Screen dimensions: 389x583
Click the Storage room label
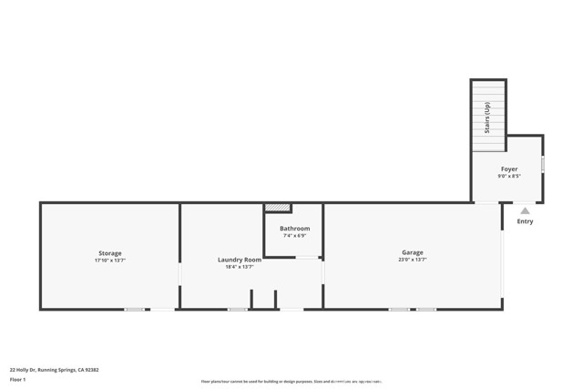pyautogui.click(x=109, y=253)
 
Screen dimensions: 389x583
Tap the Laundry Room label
pyautogui.click(x=239, y=260)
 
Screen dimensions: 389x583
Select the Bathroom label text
pyautogui.click(x=294, y=229)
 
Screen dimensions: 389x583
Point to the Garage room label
pyautogui.click(x=412, y=252)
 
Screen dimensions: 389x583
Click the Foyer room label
pyautogui.click(x=508, y=169)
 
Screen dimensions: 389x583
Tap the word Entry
pyautogui.click(x=525, y=221)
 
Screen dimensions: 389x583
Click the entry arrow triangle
pyautogui.click(x=525, y=210)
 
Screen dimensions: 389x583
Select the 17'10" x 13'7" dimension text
pyautogui.click(x=109, y=261)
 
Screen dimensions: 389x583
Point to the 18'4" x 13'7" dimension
pyautogui.click(x=239, y=267)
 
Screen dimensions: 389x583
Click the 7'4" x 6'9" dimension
pyautogui.click(x=294, y=236)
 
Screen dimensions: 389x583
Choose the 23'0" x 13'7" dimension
pyautogui.click(x=412, y=260)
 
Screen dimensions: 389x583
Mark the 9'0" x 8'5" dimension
pyautogui.click(x=508, y=177)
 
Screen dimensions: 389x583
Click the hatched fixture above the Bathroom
pyautogui.click(x=277, y=208)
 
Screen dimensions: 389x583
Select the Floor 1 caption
pyautogui.click(x=17, y=379)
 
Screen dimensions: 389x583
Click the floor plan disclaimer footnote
pyautogui.click(x=291, y=382)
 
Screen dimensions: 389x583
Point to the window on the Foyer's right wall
pyautogui.click(x=543, y=165)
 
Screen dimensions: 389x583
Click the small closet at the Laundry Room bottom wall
pyautogui.click(x=262, y=300)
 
